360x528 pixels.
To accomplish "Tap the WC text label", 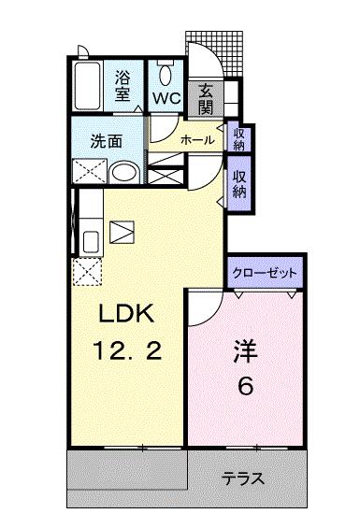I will [x=166, y=97].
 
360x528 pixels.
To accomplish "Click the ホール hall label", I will [x=196, y=140].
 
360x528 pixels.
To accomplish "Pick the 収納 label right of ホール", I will [x=238, y=138].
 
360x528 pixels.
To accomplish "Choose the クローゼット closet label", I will [x=266, y=273].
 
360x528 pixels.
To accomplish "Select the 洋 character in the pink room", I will [x=246, y=353].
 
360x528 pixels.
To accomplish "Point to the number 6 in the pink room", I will [x=246, y=387].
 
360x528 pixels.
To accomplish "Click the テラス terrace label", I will [x=243, y=479].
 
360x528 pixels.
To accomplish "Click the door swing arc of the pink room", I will [x=204, y=305].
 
